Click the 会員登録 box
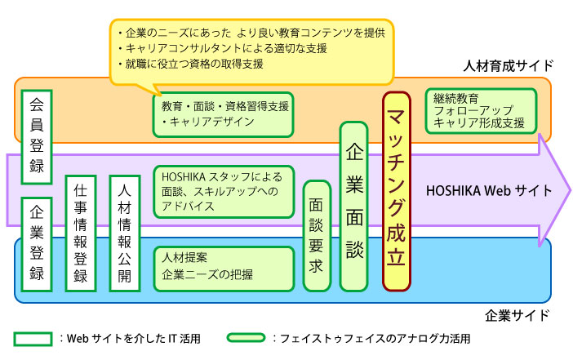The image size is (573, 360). click(x=37, y=136)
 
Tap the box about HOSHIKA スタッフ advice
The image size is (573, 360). click(x=221, y=192)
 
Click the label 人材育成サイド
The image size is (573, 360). click(x=508, y=65)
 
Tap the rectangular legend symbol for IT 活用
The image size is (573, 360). click(x=33, y=336)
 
